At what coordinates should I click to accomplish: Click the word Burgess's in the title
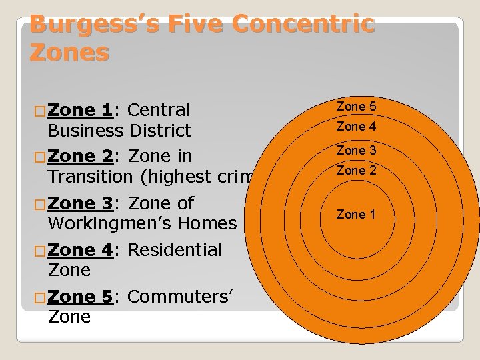93,24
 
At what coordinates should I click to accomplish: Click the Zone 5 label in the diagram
356,107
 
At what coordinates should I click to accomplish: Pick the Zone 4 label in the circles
356,127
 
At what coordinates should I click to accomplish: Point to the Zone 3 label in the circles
356,151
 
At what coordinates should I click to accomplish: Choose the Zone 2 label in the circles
356,171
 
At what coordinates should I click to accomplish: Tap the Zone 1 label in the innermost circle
356,215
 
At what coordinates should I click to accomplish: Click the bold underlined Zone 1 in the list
80,110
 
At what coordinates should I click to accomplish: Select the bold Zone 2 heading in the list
80,156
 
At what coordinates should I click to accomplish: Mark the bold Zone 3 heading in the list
80,203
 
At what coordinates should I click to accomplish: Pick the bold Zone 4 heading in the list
80,250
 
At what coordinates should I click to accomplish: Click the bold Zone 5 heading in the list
80,297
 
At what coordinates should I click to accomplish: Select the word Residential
175,250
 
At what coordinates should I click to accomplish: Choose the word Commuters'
179,297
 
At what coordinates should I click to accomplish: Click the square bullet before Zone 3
40,203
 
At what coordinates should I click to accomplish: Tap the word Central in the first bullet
158,110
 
